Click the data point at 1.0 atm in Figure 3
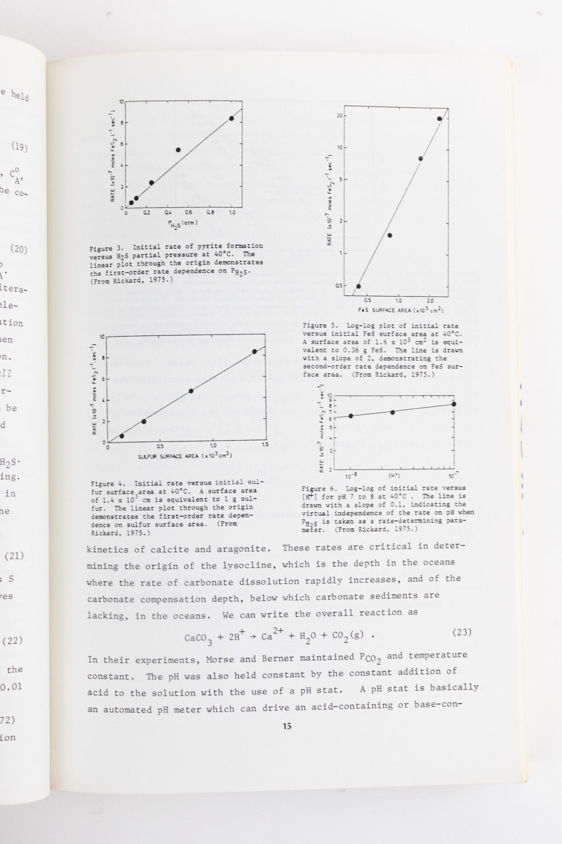(232, 119)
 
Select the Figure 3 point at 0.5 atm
(178, 150)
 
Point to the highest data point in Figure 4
(254, 352)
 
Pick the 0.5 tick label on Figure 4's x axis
(160, 446)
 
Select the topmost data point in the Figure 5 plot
(439, 119)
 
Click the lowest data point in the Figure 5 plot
(358, 286)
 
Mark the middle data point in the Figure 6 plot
(392, 412)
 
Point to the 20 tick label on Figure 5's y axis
(339, 115)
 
